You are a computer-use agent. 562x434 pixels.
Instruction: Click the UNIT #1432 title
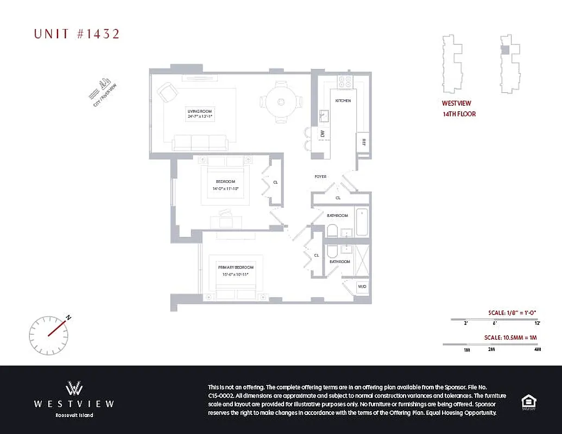click(77, 34)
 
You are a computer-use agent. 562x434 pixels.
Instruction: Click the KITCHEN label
click(343, 101)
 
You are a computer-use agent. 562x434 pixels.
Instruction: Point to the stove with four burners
click(345, 82)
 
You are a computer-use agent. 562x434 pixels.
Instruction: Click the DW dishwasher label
click(322, 133)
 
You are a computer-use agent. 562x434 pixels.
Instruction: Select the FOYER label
click(320, 177)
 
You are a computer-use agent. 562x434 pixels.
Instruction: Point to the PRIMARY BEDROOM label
click(236, 267)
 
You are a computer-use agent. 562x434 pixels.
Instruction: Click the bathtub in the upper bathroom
click(362, 221)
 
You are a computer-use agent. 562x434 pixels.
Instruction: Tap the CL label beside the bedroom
click(275, 182)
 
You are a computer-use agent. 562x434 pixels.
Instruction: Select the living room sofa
click(200, 143)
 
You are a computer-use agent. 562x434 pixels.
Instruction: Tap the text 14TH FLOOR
click(459, 114)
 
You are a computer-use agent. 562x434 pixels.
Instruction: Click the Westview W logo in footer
click(74, 388)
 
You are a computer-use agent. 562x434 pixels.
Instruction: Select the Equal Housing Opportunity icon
click(527, 401)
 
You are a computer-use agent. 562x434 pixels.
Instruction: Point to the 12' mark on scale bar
click(537, 323)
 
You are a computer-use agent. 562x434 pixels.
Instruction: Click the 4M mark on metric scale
click(537, 349)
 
